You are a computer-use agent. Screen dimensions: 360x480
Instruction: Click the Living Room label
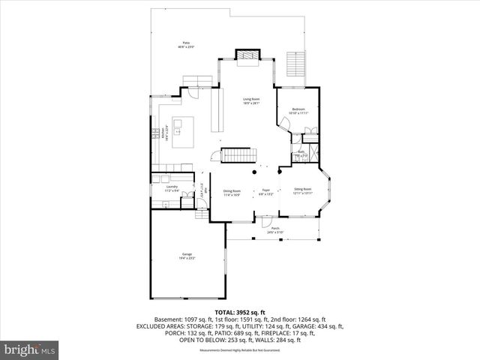(x=250, y=100)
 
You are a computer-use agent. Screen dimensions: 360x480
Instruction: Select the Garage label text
(x=186, y=256)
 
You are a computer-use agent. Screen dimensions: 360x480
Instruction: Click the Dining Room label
(x=231, y=193)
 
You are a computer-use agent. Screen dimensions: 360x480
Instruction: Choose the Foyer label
(x=265, y=193)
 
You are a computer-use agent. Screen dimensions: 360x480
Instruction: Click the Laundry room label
(x=171, y=187)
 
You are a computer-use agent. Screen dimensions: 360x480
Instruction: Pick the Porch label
(x=274, y=230)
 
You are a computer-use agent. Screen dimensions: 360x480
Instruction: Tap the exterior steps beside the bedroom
(x=297, y=65)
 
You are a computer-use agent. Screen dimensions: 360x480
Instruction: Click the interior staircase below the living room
(x=235, y=155)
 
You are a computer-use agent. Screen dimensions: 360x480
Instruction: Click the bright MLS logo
(x=30, y=349)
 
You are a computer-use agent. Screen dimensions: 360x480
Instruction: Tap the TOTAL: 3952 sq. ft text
(x=239, y=311)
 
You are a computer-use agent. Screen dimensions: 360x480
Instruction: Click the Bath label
(x=299, y=154)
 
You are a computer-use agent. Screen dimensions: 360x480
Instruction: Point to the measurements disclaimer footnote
(x=239, y=350)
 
